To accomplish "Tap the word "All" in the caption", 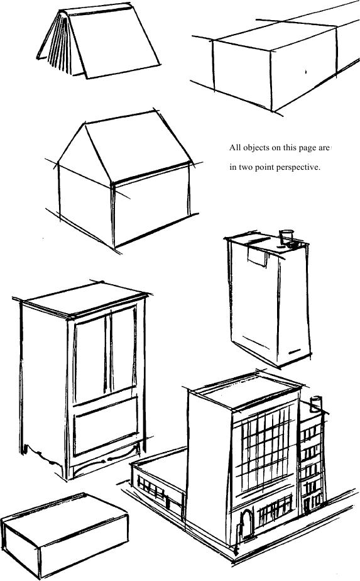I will tap(235, 148).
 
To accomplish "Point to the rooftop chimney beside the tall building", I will tap(315, 404).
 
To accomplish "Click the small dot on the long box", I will tap(306, 72).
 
